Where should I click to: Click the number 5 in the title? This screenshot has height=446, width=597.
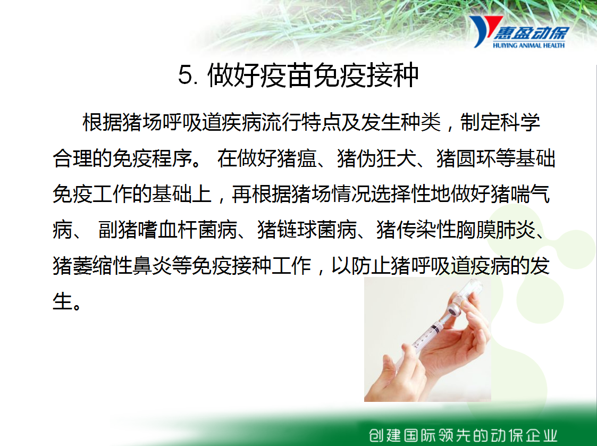point(187,74)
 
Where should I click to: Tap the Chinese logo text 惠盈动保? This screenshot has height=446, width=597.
point(532,33)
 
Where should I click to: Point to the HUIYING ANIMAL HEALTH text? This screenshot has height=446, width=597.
point(529,45)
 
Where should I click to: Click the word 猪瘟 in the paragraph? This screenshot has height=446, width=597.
point(297,158)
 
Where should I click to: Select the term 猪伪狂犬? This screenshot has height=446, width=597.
point(376,158)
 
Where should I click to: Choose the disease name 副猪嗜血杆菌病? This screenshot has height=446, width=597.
point(167,230)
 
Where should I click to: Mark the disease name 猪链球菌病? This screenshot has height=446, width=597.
point(307,230)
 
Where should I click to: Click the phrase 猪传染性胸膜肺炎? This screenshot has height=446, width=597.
point(456,230)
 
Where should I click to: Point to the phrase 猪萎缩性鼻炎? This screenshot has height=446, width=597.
point(112,265)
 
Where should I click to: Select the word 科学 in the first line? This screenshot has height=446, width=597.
point(520,122)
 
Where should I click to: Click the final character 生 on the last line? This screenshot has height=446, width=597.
point(62,301)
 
